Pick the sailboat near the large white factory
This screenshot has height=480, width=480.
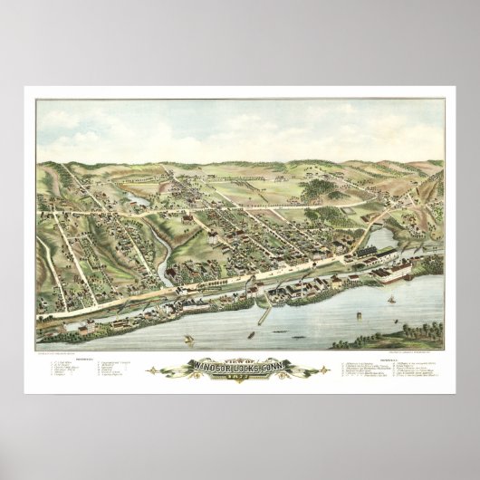(x=390, y=299)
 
